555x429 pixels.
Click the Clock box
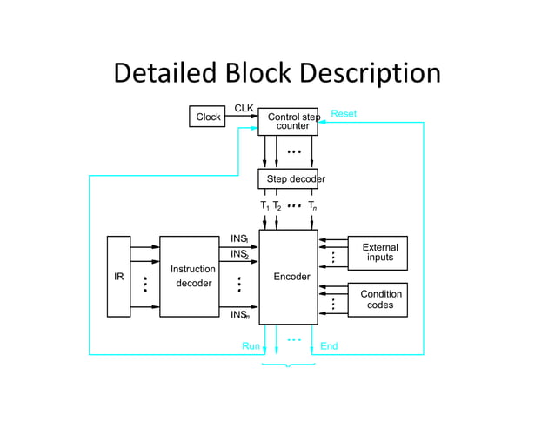[208, 117]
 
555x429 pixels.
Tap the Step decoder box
[288, 179]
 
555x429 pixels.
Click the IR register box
[118, 277]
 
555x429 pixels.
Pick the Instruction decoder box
[190, 277]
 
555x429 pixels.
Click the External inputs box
[378, 253]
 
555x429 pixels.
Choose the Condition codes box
[378, 299]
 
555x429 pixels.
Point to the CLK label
[244, 108]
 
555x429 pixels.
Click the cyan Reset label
[344, 114]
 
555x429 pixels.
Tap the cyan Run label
[251, 346]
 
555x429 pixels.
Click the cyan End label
[329, 346]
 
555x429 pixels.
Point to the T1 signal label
[264, 206]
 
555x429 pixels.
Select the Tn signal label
[312, 206]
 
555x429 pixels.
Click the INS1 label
[239, 238]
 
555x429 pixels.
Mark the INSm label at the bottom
[239, 315]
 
